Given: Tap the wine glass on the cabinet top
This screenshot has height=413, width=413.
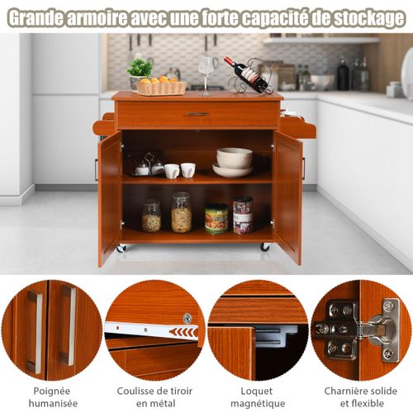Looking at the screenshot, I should click(x=204, y=73).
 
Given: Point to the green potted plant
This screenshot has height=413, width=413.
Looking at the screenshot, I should click(x=140, y=69).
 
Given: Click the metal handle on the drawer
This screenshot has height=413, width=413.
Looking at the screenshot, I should click(x=197, y=114).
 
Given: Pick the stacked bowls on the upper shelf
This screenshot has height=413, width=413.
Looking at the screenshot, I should click(x=234, y=162).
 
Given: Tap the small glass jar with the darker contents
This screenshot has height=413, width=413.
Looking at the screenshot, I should click(x=151, y=216).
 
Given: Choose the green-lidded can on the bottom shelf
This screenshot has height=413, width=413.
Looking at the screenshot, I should click(x=216, y=219).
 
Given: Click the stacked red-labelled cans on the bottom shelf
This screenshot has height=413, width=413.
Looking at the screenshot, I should click(x=243, y=215).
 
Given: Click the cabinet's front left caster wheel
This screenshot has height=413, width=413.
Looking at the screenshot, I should click(x=121, y=248).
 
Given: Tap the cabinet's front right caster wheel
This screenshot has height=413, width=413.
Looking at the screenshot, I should click(x=264, y=247).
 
